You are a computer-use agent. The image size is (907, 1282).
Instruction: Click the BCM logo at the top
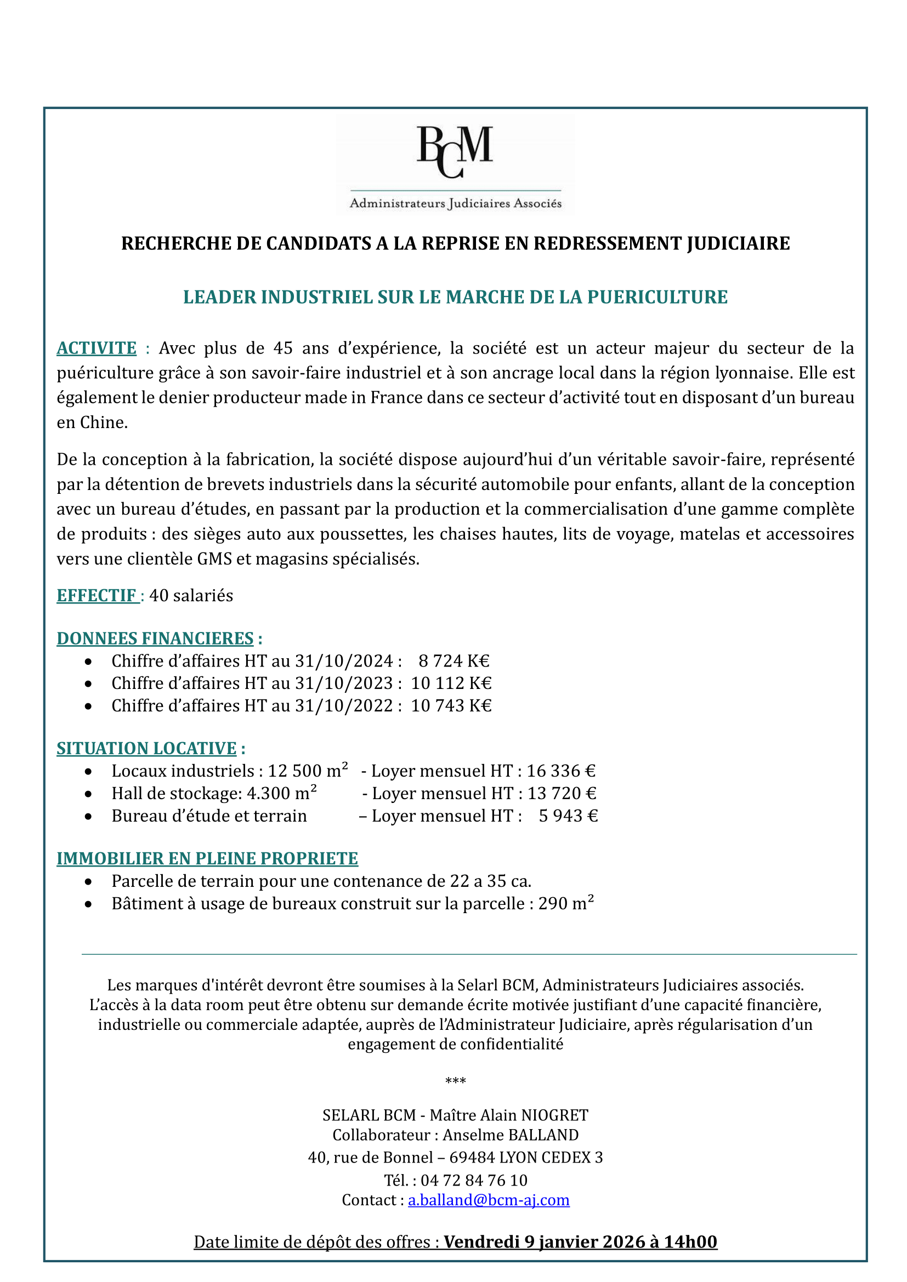(x=455, y=166)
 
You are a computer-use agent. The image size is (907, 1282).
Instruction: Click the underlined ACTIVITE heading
(x=97, y=348)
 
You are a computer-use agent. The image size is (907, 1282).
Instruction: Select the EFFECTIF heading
(x=97, y=595)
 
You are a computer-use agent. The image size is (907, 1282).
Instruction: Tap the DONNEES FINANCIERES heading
(x=155, y=638)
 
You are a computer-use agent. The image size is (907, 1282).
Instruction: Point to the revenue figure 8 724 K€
(x=453, y=661)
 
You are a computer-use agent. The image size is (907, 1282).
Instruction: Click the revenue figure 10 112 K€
(x=451, y=683)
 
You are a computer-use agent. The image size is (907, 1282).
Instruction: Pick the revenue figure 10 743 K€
(x=451, y=706)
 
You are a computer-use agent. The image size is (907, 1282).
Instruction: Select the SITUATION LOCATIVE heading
(x=146, y=748)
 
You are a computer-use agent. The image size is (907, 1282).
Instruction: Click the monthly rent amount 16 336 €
(x=561, y=771)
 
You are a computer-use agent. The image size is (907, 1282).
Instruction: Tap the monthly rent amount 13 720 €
(x=562, y=794)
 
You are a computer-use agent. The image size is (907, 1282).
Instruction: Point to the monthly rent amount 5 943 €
(x=568, y=816)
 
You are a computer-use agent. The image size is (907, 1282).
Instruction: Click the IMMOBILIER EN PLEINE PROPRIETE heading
(x=207, y=858)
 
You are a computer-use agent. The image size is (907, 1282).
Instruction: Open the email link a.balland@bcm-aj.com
(x=489, y=1200)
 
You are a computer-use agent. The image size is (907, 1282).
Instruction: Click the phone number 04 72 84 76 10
(x=474, y=1181)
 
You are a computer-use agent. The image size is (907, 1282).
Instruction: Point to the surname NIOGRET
(x=554, y=1115)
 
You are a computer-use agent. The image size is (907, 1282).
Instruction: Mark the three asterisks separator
(x=455, y=1081)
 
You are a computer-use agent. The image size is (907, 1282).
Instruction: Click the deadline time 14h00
(x=690, y=1242)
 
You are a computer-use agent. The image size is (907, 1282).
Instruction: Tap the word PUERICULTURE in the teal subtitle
(x=657, y=297)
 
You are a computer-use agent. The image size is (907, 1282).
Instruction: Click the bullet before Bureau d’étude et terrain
(x=88, y=816)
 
